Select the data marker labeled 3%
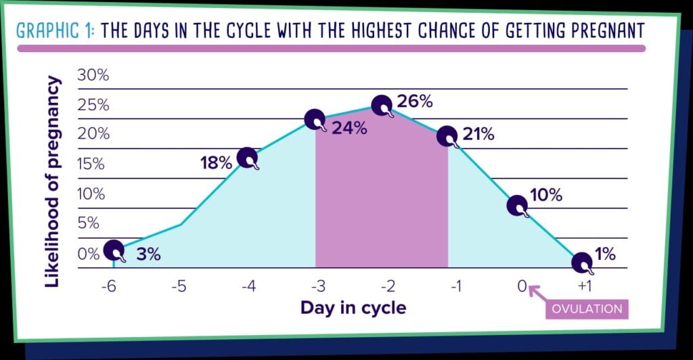(114, 251)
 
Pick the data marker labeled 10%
(517, 205)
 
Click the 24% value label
(349, 127)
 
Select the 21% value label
(478, 134)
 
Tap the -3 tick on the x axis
(315, 287)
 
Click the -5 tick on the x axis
(178, 287)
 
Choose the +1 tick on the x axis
(586, 287)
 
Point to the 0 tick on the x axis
(522, 287)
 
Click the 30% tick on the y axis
(93, 75)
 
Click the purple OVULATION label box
(587, 309)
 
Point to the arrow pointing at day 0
(538, 294)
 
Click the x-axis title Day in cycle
(353, 309)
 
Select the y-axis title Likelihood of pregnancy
(53, 181)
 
